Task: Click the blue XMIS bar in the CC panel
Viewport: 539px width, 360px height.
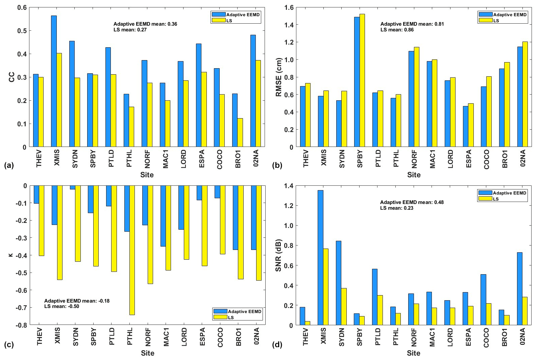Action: [54, 81]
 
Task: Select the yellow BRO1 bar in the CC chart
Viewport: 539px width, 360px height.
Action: [240, 132]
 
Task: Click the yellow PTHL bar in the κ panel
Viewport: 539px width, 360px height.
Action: [132, 250]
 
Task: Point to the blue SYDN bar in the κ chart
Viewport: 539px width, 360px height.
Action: [73, 187]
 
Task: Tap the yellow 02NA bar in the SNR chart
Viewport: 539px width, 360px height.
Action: [525, 311]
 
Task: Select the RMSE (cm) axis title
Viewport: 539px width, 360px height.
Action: [279, 77]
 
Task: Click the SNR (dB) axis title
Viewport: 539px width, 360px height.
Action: [278, 256]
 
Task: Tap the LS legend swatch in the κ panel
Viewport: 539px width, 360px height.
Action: [220, 317]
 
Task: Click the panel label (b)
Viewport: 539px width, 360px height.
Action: [277, 165]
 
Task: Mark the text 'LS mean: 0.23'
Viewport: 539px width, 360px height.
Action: [397, 208]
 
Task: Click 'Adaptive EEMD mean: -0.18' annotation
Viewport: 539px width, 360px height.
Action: [77, 301]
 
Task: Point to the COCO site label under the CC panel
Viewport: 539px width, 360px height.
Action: [220, 159]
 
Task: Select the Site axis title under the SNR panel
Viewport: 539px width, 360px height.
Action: [413, 353]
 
